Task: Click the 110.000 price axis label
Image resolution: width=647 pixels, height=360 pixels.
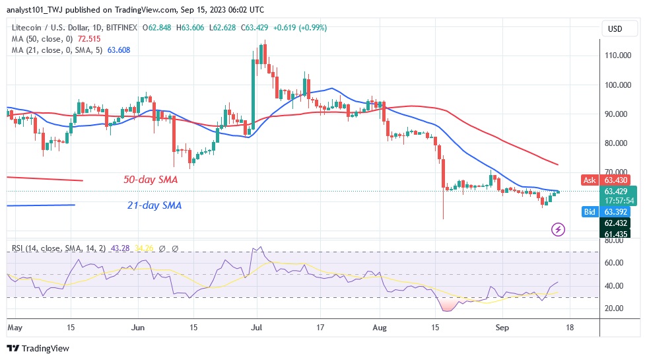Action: pyautogui.click(x=615, y=55)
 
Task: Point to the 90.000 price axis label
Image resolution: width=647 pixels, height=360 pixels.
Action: pyautogui.click(x=615, y=114)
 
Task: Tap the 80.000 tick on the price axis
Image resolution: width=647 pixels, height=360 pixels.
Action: pyautogui.click(x=615, y=143)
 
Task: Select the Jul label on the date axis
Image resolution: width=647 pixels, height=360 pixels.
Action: pyautogui.click(x=257, y=326)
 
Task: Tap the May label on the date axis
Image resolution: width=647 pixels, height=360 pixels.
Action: pyautogui.click(x=15, y=326)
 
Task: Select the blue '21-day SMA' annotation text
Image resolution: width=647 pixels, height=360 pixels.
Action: pyautogui.click(x=154, y=205)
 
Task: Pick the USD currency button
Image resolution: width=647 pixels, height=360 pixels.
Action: pyautogui.click(x=615, y=28)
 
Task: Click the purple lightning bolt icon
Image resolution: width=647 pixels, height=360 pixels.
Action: pyautogui.click(x=559, y=229)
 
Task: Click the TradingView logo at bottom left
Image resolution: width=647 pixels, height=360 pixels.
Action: pyautogui.click(x=38, y=348)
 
